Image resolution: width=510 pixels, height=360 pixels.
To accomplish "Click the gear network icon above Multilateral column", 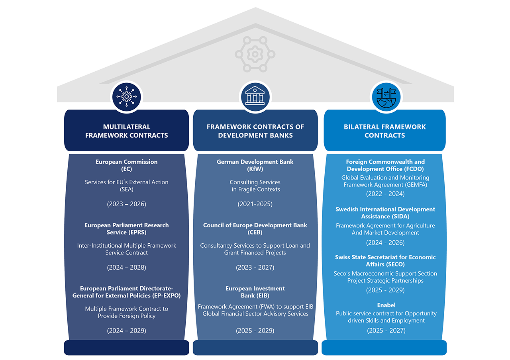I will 127,96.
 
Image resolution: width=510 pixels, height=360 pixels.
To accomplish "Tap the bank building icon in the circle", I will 255,96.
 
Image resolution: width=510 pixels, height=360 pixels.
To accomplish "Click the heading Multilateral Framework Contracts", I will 127,131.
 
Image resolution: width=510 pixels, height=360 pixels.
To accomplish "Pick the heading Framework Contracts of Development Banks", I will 255,131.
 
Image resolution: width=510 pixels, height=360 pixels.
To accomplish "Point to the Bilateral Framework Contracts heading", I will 384,131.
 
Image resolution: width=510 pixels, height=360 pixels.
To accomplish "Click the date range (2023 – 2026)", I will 127,204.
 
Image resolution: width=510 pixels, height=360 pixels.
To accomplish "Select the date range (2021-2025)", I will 255,204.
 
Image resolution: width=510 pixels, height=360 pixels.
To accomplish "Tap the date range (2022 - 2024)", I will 385,194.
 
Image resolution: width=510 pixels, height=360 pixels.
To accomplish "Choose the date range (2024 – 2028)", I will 127,268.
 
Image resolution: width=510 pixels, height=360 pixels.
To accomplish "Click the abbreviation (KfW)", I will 255,169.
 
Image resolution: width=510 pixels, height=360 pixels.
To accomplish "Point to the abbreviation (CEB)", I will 255,233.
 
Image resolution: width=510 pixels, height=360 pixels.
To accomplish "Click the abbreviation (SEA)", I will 127,190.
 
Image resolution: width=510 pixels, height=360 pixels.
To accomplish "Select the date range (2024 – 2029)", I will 127,331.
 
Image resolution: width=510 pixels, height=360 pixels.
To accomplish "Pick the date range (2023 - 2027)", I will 255,268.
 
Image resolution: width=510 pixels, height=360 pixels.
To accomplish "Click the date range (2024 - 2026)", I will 385,243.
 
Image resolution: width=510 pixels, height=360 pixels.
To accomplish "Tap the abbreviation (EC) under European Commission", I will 127,169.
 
